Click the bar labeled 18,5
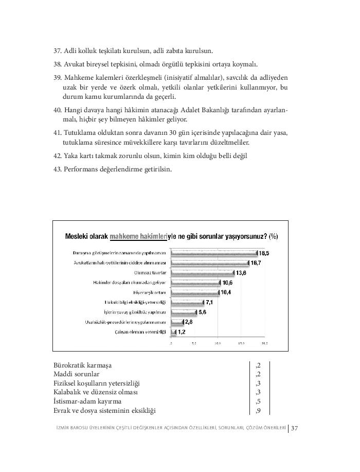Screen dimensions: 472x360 click(213, 253)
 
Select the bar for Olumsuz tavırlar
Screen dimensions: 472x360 click(202, 273)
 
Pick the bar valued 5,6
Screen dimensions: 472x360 click(183, 312)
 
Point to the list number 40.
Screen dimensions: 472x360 click(58, 110)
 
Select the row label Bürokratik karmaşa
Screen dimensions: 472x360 click(82, 365)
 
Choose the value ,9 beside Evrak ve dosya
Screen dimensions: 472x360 click(258, 411)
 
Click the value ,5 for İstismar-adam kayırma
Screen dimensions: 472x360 click(258, 401)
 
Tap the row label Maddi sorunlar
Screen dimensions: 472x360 click(77, 374)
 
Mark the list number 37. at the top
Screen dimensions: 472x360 click(58, 51)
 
